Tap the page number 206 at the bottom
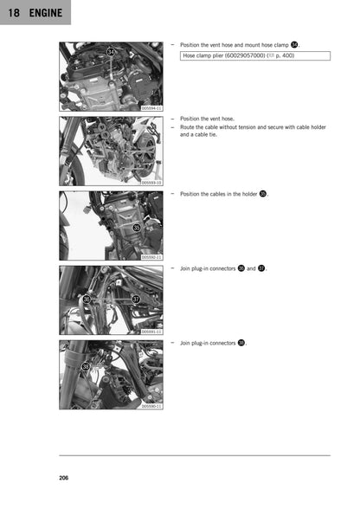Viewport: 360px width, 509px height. pyautogui.click(x=65, y=478)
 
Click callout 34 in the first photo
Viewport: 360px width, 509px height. pyautogui.click(x=111, y=53)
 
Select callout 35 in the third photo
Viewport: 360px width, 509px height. pyautogui.click(x=136, y=228)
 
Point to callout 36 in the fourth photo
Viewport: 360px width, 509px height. pyautogui.click(x=86, y=299)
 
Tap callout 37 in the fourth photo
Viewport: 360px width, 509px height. pyautogui.click(x=136, y=299)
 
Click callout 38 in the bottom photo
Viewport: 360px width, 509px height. pyautogui.click(x=85, y=367)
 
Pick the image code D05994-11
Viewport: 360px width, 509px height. pyautogui.click(x=151, y=108)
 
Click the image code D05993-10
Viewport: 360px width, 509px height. pyautogui.click(x=151, y=183)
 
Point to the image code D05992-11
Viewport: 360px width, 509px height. pyautogui.click(x=151, y=257)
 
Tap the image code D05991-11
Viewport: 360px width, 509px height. pyautogui.click(x=151, y=332)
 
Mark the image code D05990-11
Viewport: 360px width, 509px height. pyautogui.click(x=151, y=405)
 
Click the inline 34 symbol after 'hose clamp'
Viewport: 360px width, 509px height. pyautogui.click(x=294, y=43)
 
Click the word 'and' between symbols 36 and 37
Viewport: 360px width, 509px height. pyautogui.click(x=251, y=268)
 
